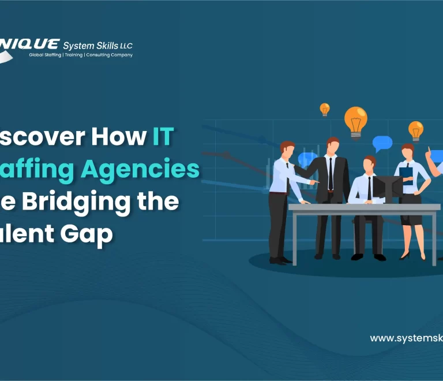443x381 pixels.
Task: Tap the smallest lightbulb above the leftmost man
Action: (x=325, y=109)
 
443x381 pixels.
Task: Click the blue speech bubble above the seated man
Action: (x=382, y=143)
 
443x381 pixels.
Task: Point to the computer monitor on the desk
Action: (x=387, y=187)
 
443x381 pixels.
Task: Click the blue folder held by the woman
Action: (x=407, y=174)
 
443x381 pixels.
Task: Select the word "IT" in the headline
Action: (x=163, y=136)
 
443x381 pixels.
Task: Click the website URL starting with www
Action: (x=406, y=338)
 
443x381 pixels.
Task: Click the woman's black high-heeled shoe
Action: (x=405, y=255)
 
